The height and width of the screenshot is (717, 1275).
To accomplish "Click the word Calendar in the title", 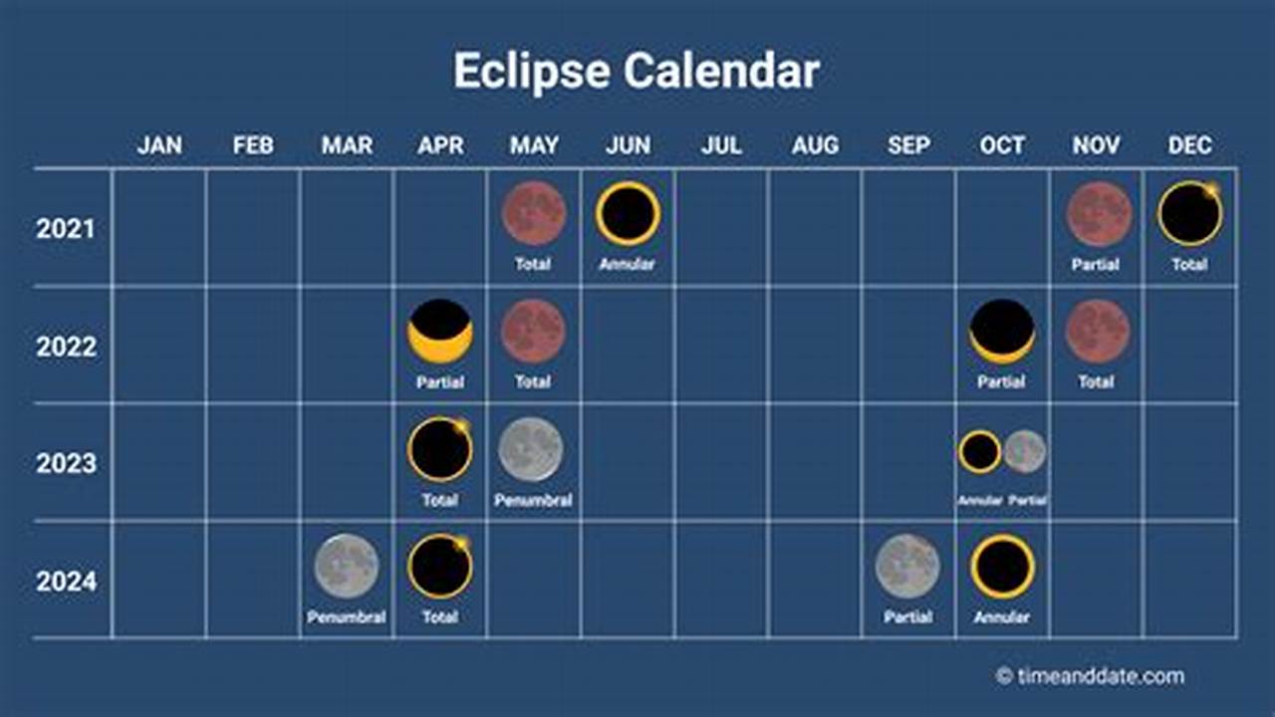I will click(x=722, y=72).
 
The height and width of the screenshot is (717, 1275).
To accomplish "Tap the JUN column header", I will click(x=628, y=145).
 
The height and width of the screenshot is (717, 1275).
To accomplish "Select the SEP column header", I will click(x=908, y=145).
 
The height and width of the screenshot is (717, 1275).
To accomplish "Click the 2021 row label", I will click(x=66, y=229).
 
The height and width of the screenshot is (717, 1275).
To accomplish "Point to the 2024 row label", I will click(x=66, y=582).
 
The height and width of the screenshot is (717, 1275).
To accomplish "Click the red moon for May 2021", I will click(x=534, y=213).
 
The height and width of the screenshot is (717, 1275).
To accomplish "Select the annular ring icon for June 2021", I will click(x=628, y=213).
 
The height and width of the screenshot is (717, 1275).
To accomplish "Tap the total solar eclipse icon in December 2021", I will click(x=1189, y=213).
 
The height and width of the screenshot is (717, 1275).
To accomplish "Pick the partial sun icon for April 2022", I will click(x=440, y=331).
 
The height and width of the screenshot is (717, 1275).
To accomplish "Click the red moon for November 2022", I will click(x=1097, y=331).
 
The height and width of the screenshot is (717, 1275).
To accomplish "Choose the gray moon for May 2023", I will click(x=531, y=448).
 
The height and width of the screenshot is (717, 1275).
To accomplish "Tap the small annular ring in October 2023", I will click(x=980, y=451).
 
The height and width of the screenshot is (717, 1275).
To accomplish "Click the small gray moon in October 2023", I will click(x=1025, y=451).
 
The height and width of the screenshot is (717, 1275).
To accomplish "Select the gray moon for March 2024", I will click(x=347, y=566).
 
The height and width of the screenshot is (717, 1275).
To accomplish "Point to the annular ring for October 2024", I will click(x=1002, y=566).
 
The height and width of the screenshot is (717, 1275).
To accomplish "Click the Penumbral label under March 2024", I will click(x=347, y=617).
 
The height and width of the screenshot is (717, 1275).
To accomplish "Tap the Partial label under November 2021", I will click(x=1096, y=265).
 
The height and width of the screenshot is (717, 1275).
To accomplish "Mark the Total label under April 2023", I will click(x=439, y=500).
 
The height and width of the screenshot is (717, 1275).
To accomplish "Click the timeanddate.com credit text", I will click(x=1100, y=676).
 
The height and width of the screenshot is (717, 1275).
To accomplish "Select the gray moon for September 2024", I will click(x=907, y=566).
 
